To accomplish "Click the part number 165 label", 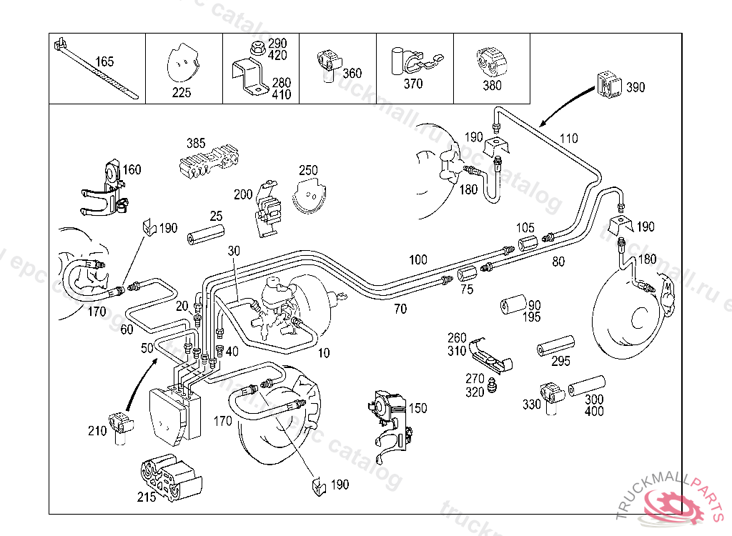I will (x=104, y=62).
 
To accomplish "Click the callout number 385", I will (x=196, y=143).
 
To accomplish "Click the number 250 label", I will (x=308, y=170).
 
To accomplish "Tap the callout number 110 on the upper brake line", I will (x=568, y=138).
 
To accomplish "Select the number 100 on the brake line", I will (x=418, y=259).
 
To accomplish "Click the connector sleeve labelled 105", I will (x=528, y=243).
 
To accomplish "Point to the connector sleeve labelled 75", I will (x=467, y=274).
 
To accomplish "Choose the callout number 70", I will (x=400, y=309).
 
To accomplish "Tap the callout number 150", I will (x=418, y=408).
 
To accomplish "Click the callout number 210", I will (x=98, y=430).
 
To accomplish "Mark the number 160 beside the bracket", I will (x=132, y=170).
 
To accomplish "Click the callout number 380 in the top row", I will (x=493, y=85).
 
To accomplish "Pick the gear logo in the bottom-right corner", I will (x=672, y=505).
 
